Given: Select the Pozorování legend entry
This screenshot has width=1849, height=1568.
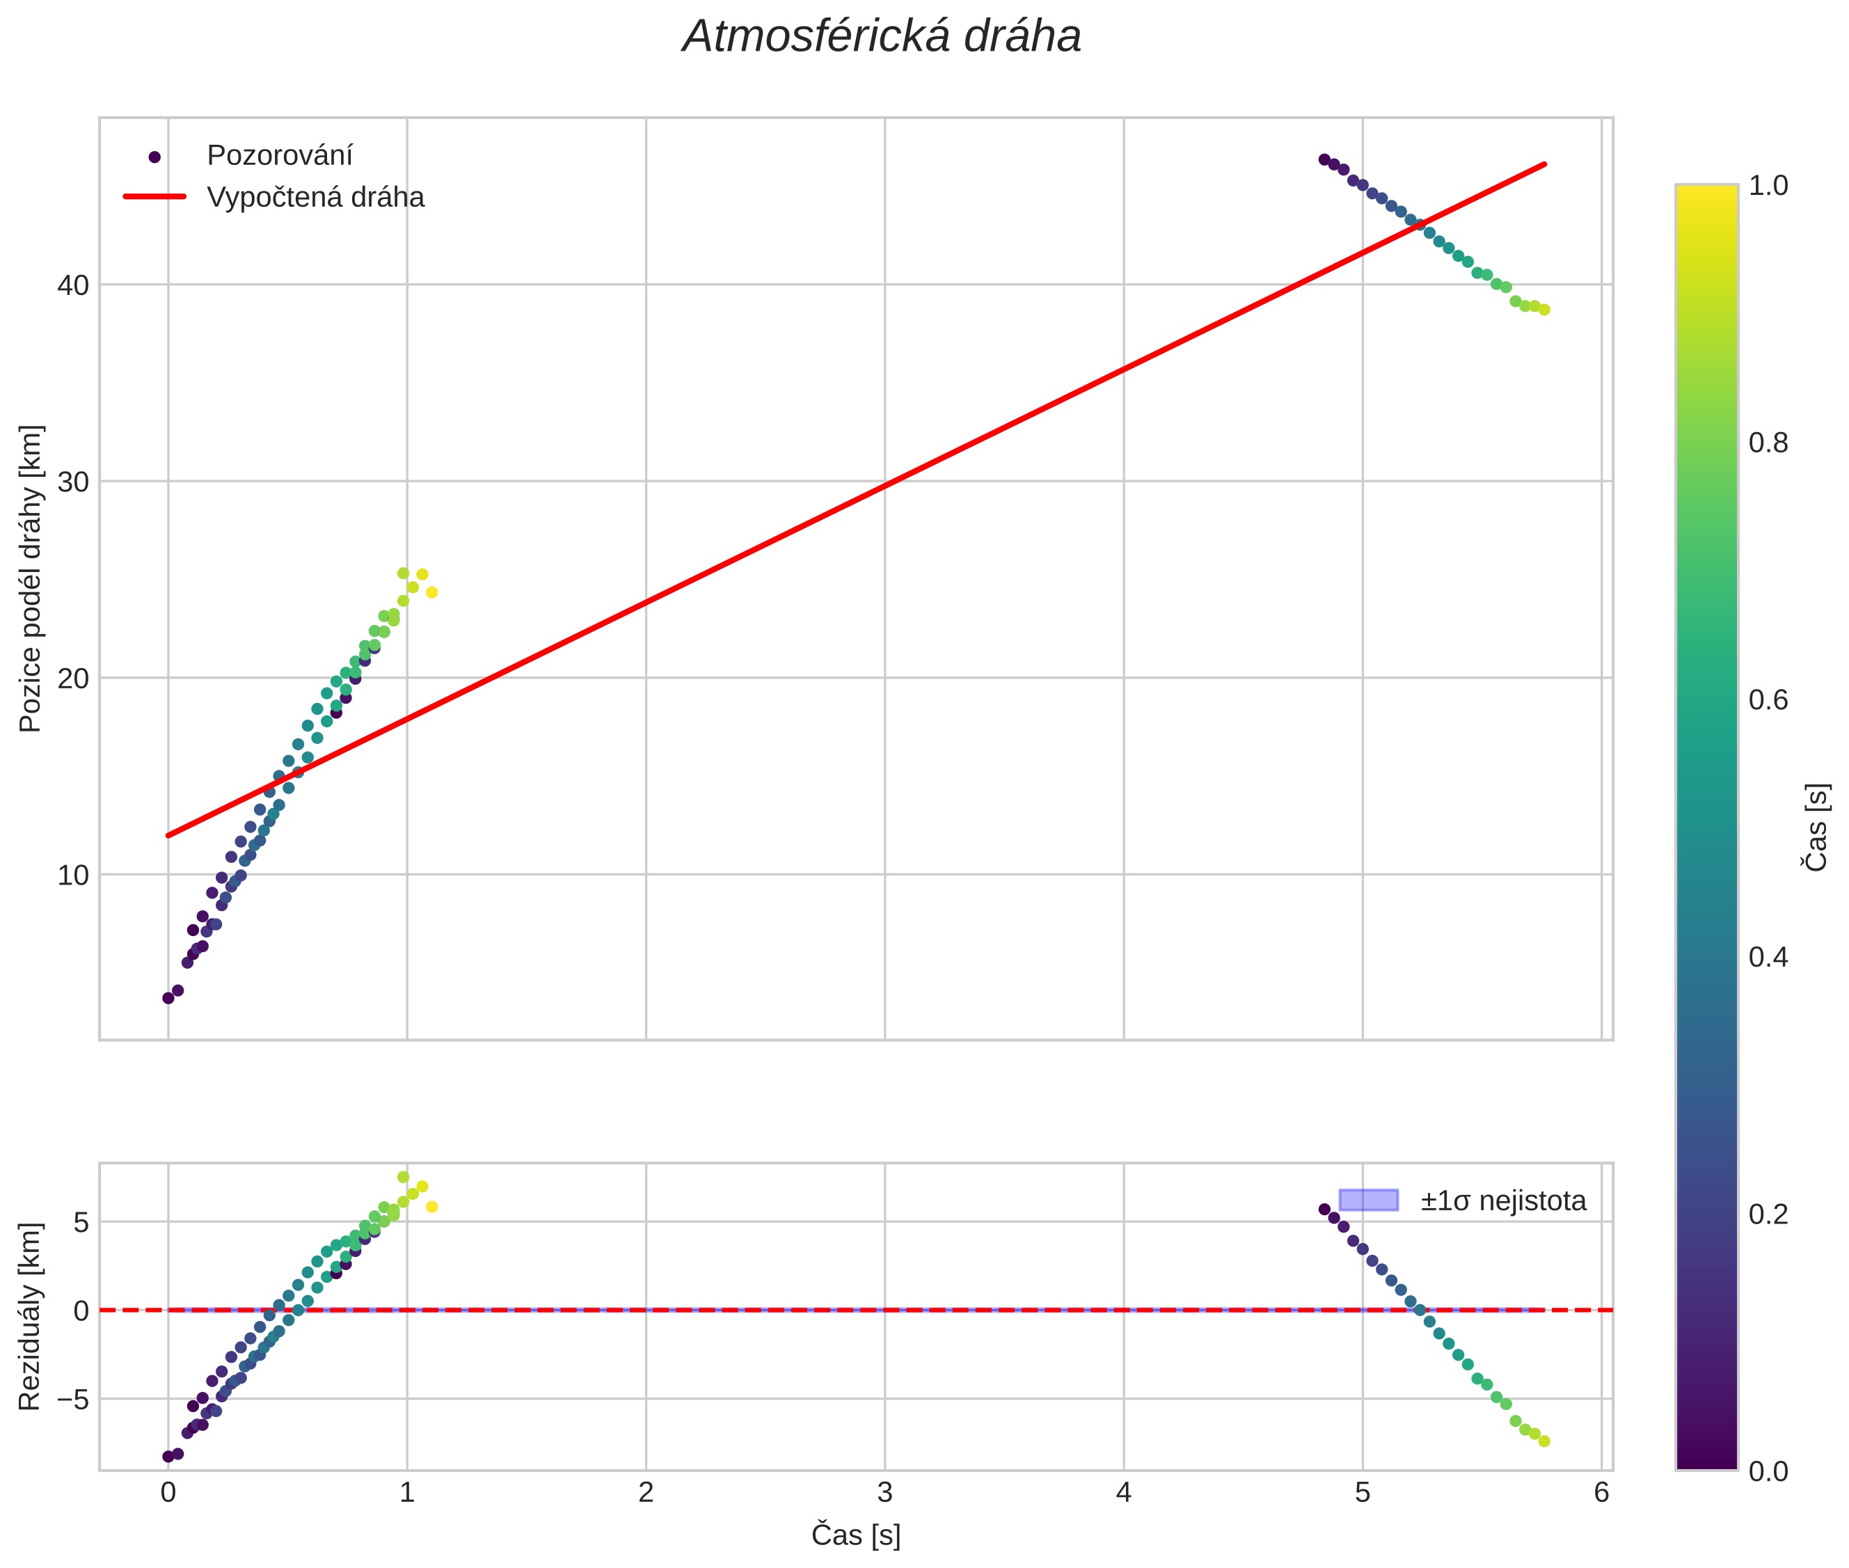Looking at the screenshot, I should (279, 156).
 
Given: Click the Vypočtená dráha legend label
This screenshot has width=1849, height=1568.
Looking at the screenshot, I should (315, 198).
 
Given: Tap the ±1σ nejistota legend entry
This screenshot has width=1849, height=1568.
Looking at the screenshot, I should (1502, 1201).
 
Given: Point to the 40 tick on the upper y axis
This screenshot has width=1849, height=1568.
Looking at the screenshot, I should (74, 285).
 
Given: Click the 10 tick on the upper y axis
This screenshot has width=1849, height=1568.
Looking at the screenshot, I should (74, 876).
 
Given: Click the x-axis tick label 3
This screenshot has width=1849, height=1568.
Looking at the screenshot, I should (884, 1492).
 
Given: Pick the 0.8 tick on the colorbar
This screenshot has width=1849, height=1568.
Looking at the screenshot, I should (1768, 443).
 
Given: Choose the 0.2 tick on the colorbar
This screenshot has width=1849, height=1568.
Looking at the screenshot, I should (1768, 1214).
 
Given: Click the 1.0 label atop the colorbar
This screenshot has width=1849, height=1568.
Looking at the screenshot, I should (1768, 185).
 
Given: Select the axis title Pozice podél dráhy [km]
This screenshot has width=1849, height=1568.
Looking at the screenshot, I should (31, 578).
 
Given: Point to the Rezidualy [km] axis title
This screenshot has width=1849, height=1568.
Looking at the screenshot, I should (31, 1317).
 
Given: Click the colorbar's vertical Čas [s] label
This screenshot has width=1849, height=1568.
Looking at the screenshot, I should (1817, 827).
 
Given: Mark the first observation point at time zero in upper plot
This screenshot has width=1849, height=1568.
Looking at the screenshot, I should (168, 997).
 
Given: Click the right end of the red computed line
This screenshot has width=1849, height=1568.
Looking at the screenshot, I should (1545, 164).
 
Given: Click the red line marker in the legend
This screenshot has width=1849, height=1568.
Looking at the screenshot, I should (154, 196).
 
